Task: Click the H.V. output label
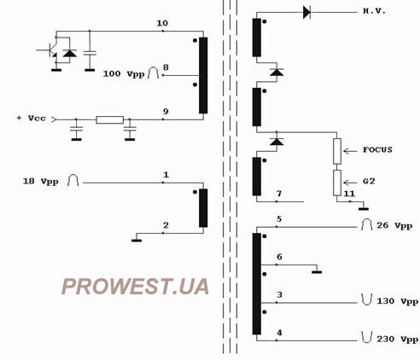click(374, 11)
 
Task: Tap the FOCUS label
click(377, 149)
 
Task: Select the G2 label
click(369, 181)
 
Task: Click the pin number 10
click(162, 23)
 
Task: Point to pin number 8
click(166, 67)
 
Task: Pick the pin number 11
click(349, 194)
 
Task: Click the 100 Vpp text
click(124, 74)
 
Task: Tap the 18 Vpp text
click(41, 182)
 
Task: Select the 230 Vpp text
click(398, 340)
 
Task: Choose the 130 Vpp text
click(398, 301)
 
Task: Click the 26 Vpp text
click(394, 225)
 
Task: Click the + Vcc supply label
click(32, 118)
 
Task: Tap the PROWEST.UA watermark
click(136, 286)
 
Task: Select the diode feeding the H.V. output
click(306, 13)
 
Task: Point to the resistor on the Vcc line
click(109, 119)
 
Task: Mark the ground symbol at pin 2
click(137, 241)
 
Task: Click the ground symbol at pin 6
click(317, 272)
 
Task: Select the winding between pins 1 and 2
click(203, 208)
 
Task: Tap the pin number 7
click(279, 194)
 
